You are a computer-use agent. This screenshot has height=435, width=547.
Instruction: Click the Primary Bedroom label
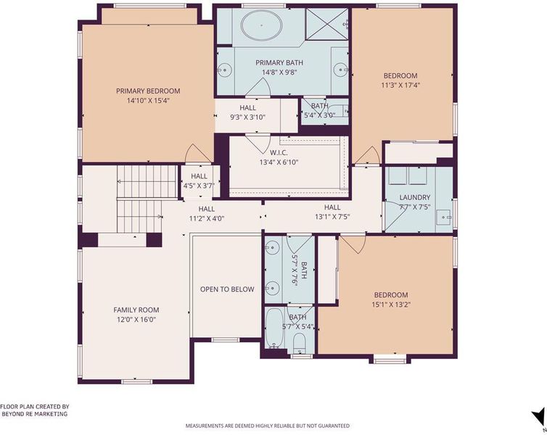148,91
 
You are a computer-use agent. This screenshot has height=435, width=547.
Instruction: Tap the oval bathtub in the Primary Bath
262,25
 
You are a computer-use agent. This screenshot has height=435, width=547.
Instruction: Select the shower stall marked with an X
326,23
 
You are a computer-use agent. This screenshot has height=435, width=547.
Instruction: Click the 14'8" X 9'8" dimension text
279,72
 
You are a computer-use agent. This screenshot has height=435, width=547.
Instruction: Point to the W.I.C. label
279,152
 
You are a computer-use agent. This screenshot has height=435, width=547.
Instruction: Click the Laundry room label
415,197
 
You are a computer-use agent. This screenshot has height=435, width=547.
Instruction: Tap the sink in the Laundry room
445,217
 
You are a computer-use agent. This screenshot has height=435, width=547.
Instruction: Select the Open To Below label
227,289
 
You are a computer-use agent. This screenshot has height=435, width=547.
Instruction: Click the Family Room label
136,310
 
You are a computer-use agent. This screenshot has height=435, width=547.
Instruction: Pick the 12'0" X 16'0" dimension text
136,319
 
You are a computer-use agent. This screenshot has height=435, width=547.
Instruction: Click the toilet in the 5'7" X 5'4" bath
299,342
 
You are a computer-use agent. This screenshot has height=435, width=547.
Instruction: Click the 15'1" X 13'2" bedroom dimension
391,304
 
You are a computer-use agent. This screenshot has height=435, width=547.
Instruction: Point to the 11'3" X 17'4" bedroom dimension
400,85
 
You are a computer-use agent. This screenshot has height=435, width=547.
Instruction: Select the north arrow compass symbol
538,417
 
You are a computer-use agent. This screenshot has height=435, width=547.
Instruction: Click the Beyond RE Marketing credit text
35,414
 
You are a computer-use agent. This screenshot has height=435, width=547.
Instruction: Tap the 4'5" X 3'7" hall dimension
199,186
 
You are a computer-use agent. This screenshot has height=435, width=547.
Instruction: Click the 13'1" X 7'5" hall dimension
332,217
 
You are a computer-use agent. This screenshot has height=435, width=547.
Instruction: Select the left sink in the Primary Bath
225,70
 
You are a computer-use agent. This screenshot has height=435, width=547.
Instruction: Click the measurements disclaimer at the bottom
267,426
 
